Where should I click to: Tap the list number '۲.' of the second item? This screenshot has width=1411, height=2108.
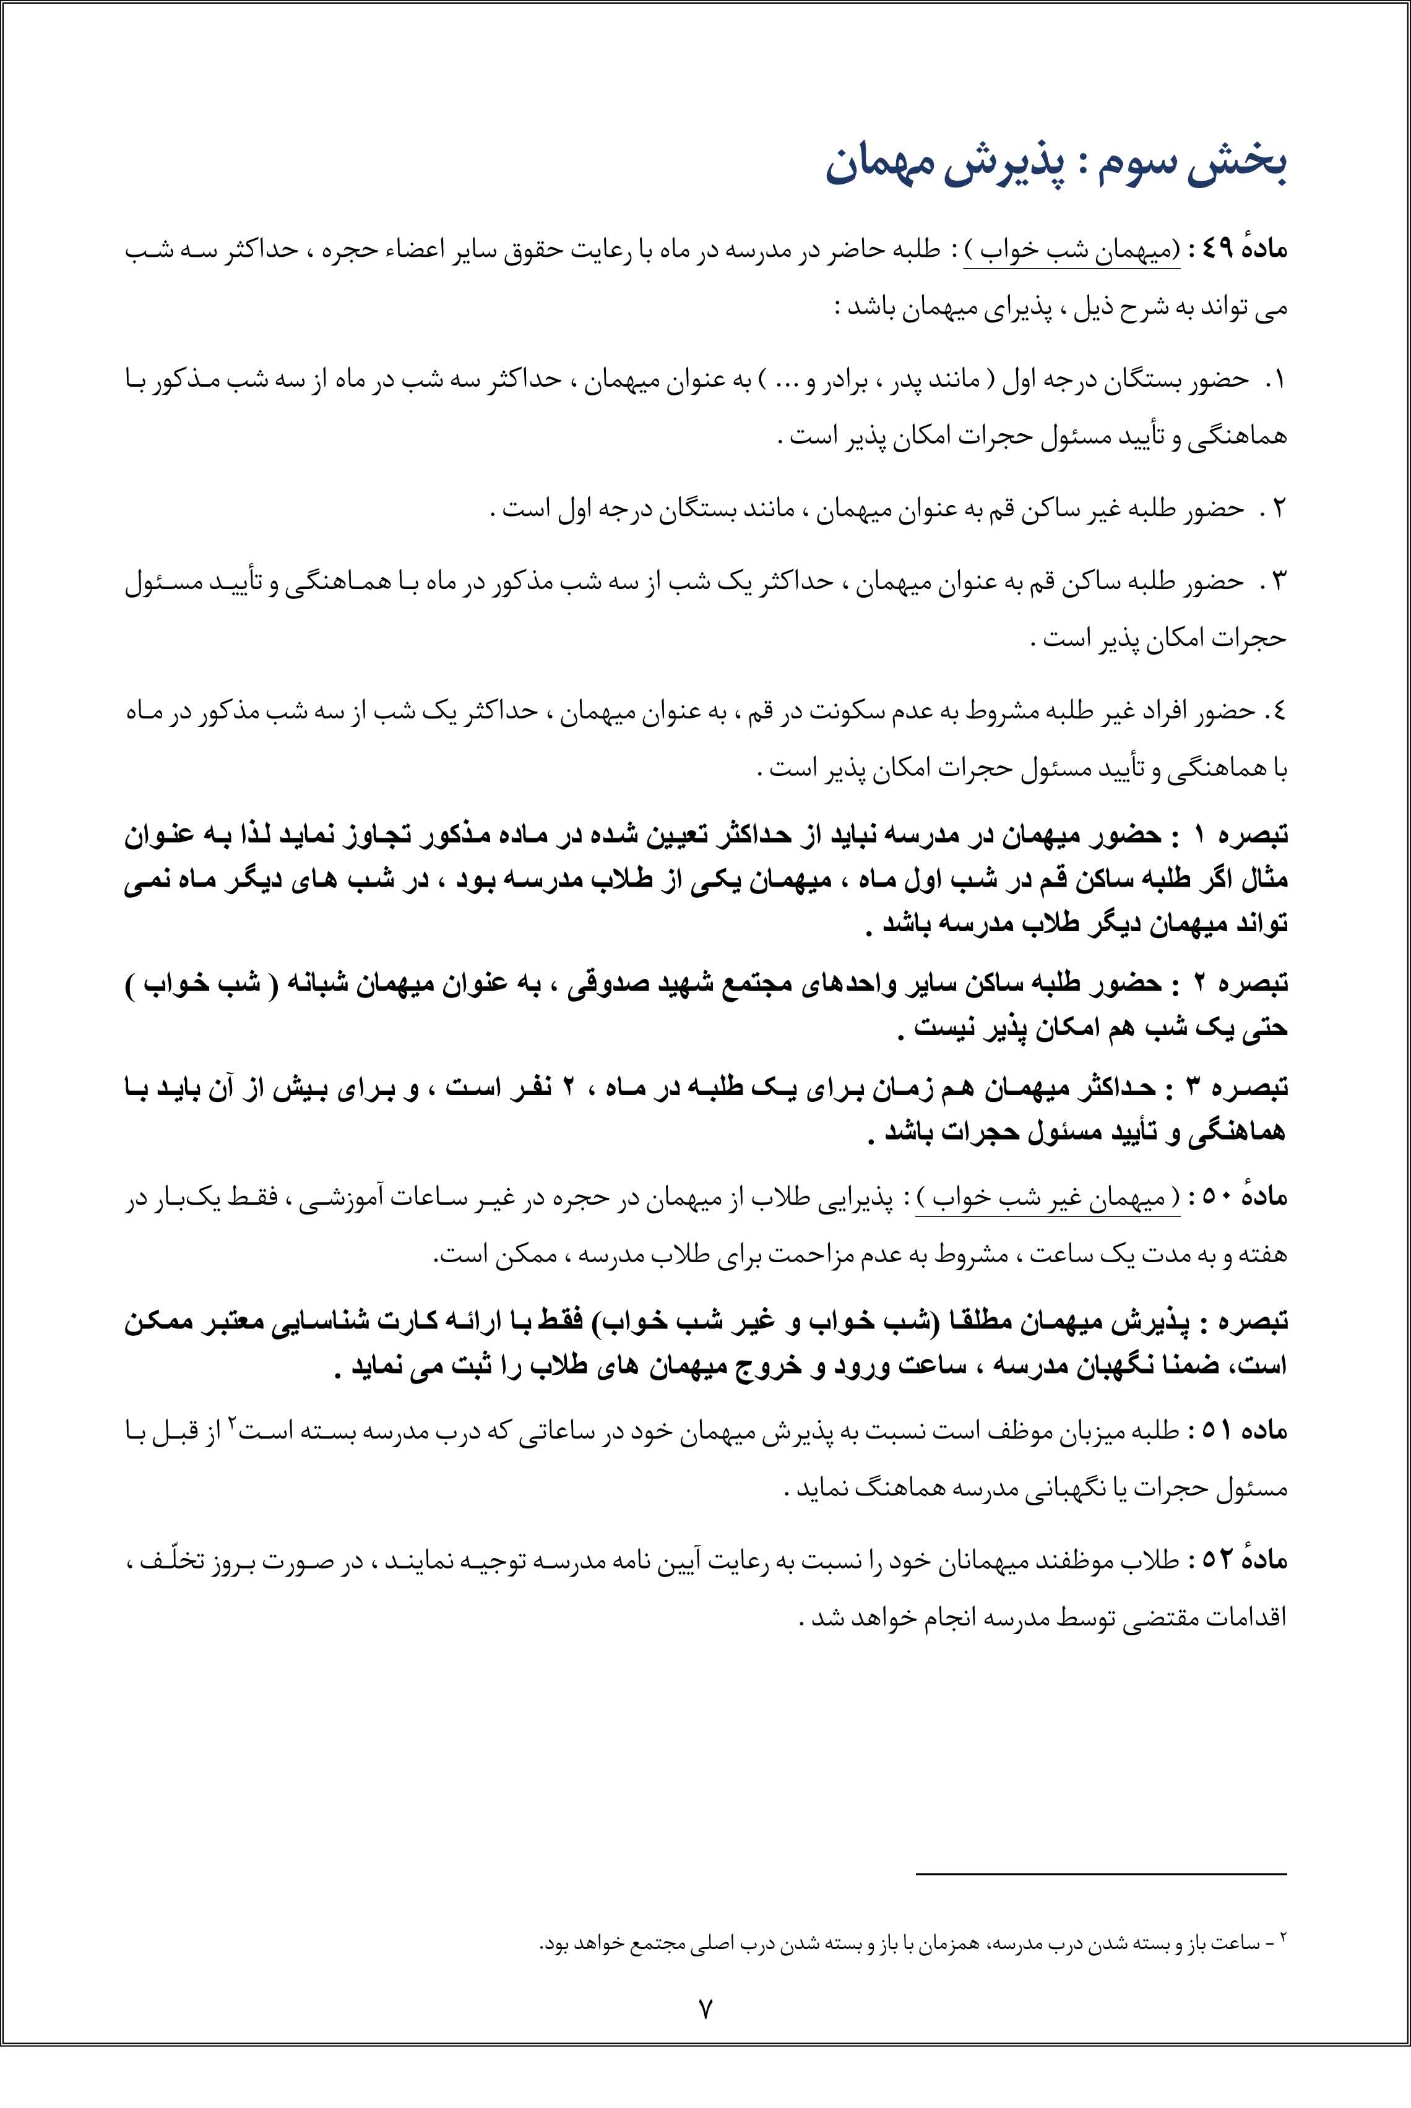1274,510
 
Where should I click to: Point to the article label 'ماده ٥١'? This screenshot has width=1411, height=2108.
1243,1430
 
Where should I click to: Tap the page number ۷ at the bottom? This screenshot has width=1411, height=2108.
705,2008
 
